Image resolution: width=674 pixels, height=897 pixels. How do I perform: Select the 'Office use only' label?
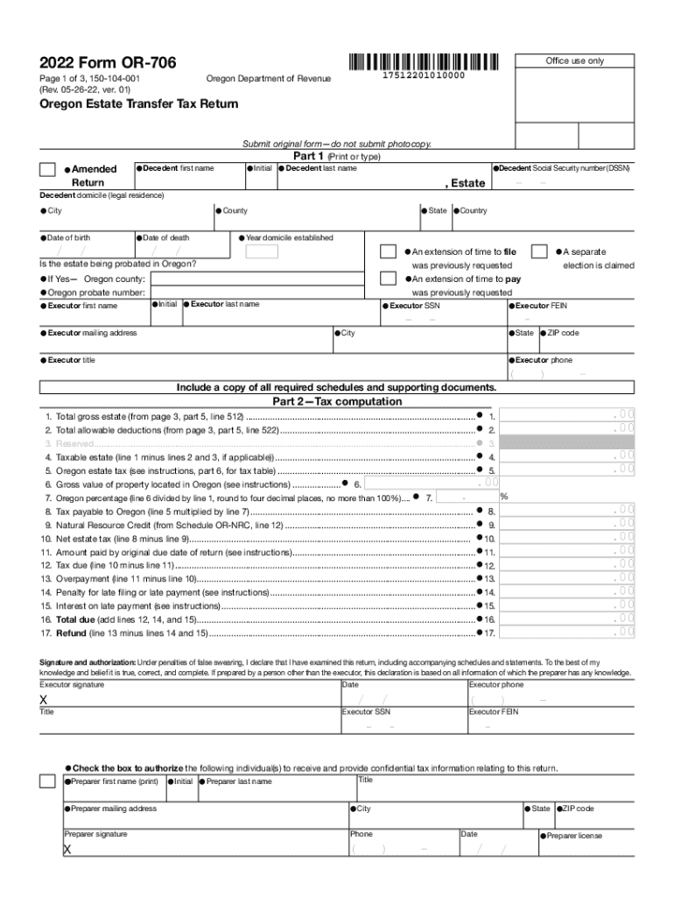tap(574, 60)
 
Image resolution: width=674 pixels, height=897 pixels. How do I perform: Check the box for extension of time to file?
tap(387, 251)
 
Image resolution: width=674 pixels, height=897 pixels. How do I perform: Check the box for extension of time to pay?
tap(387, 279)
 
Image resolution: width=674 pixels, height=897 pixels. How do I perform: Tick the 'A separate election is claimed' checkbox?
tap(540, 251)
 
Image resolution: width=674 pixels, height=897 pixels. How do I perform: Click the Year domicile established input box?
tap(262, 252)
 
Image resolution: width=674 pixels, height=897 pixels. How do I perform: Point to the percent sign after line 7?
tap(504, 497)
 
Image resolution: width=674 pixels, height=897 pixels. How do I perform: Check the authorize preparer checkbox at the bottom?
tap(48, 781)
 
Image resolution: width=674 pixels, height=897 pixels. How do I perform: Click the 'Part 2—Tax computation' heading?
tap(337, 402)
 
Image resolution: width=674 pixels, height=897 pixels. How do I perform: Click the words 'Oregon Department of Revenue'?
tap(269, 80)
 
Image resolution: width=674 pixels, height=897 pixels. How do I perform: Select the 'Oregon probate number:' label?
tap(90, 292)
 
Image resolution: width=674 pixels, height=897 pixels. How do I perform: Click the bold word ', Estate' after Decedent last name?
tap(465, 183)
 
